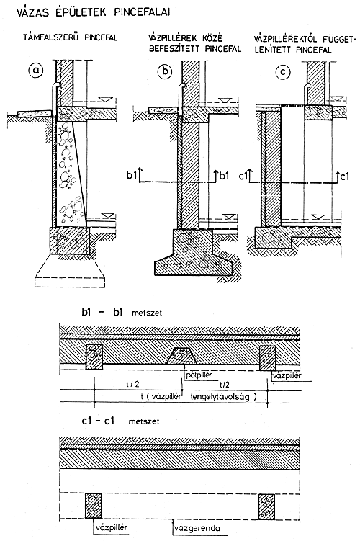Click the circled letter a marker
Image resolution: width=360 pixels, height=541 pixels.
[36, 71]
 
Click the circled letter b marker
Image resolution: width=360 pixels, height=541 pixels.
[165, 71]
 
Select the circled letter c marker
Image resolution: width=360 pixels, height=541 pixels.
[283, 72]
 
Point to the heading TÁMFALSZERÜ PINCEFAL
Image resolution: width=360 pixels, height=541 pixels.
[71, 37]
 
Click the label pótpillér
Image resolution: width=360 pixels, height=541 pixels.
[199, 375]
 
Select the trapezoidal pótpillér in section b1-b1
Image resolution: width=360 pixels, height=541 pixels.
[182, 356]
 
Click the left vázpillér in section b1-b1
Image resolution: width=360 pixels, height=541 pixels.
[94, 357]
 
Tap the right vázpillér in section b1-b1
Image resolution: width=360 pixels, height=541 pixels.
[268, 357]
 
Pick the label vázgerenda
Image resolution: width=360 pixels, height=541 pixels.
[198, 528]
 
